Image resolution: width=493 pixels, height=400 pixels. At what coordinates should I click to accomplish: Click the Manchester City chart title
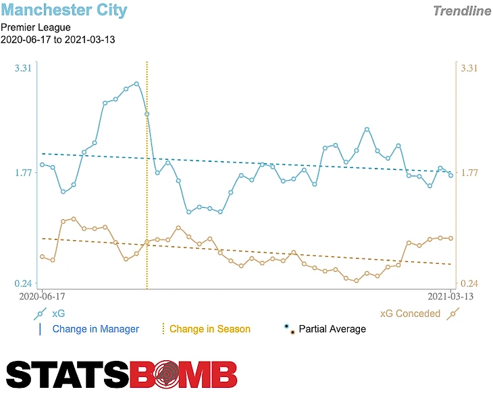click(x=63, y=10)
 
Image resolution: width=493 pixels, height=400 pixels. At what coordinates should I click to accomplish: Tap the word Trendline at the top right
click(x=461, y=11)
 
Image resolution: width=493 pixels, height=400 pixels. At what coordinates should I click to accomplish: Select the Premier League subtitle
click(x=36, y=28)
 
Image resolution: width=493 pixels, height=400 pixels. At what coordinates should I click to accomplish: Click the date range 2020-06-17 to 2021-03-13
click(x=57, y=39)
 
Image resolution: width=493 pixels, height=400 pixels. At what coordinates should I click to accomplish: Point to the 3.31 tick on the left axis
click(x=23, y=68)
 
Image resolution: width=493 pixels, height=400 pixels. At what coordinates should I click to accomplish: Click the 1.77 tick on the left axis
click(x=23, y=173)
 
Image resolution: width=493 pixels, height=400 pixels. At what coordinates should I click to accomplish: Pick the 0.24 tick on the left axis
click(x=23, y=283)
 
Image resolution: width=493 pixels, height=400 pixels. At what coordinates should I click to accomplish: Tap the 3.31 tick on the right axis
click(x=469, y=68)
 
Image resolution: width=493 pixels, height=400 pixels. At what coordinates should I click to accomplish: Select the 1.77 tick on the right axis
click(x=469, y=173)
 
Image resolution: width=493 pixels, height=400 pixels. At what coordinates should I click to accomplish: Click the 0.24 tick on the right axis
click(x=469, y=283)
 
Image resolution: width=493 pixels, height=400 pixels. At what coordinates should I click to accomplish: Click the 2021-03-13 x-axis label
click(x=450, y=296)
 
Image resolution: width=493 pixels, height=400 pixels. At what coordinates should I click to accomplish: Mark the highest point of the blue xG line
click(x=136, y=84)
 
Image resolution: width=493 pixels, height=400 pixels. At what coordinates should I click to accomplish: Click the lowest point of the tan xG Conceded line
click(x=356, y=281)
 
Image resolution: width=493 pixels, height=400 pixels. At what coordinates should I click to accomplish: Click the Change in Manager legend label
click(x=95, y=329)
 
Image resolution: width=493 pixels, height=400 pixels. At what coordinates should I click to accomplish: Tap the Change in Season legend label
click(x=209, y=329)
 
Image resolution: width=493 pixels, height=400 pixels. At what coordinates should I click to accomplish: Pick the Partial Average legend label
click(x=332, y=329)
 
